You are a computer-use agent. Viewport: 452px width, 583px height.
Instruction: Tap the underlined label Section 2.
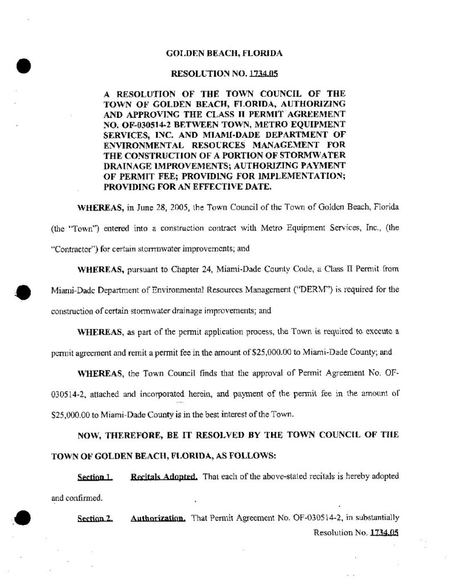(94, 519)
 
